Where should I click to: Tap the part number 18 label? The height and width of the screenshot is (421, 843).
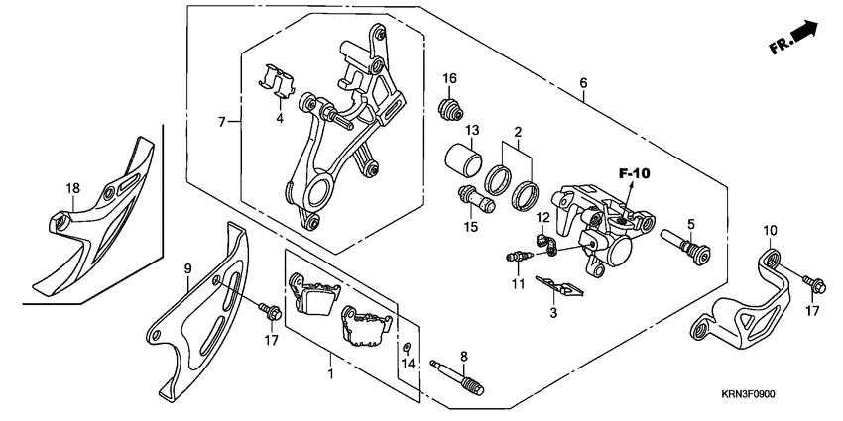72,188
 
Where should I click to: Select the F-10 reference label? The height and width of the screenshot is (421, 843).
634,173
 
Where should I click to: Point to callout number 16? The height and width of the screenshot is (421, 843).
449,78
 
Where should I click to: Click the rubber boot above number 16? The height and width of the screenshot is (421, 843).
451,106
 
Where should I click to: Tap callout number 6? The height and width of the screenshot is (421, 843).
583,84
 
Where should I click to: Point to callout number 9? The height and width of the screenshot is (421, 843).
186,268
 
